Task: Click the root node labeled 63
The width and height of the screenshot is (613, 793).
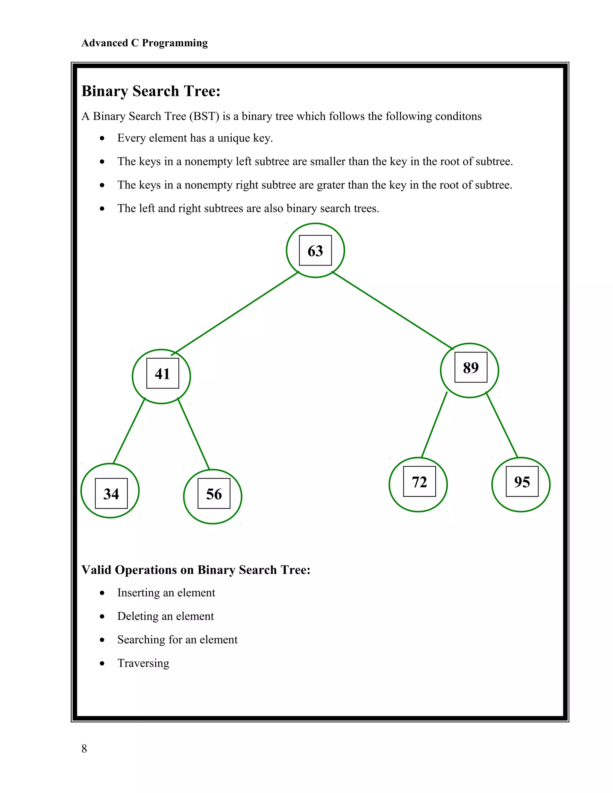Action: (x=315, y=250)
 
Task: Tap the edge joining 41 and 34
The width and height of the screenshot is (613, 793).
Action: (x=129, y=431)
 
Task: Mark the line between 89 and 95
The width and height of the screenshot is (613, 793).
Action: (x=502, y=425)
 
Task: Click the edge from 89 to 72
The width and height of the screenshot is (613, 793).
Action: (x=434, y=425)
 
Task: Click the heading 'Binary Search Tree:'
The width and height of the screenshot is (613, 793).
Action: (x=151, y=91)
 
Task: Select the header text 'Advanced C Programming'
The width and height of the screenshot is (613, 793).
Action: (x=145, y=43)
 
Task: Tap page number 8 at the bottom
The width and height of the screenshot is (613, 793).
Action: (x=84, y=748)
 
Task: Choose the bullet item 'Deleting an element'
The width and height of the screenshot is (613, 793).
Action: (x=165, y=616)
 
